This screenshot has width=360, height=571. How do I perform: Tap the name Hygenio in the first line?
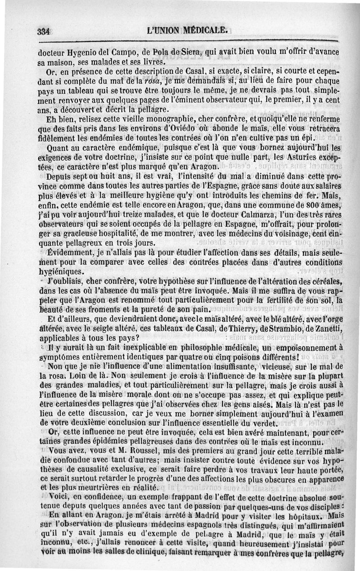[x=83, y=52]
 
